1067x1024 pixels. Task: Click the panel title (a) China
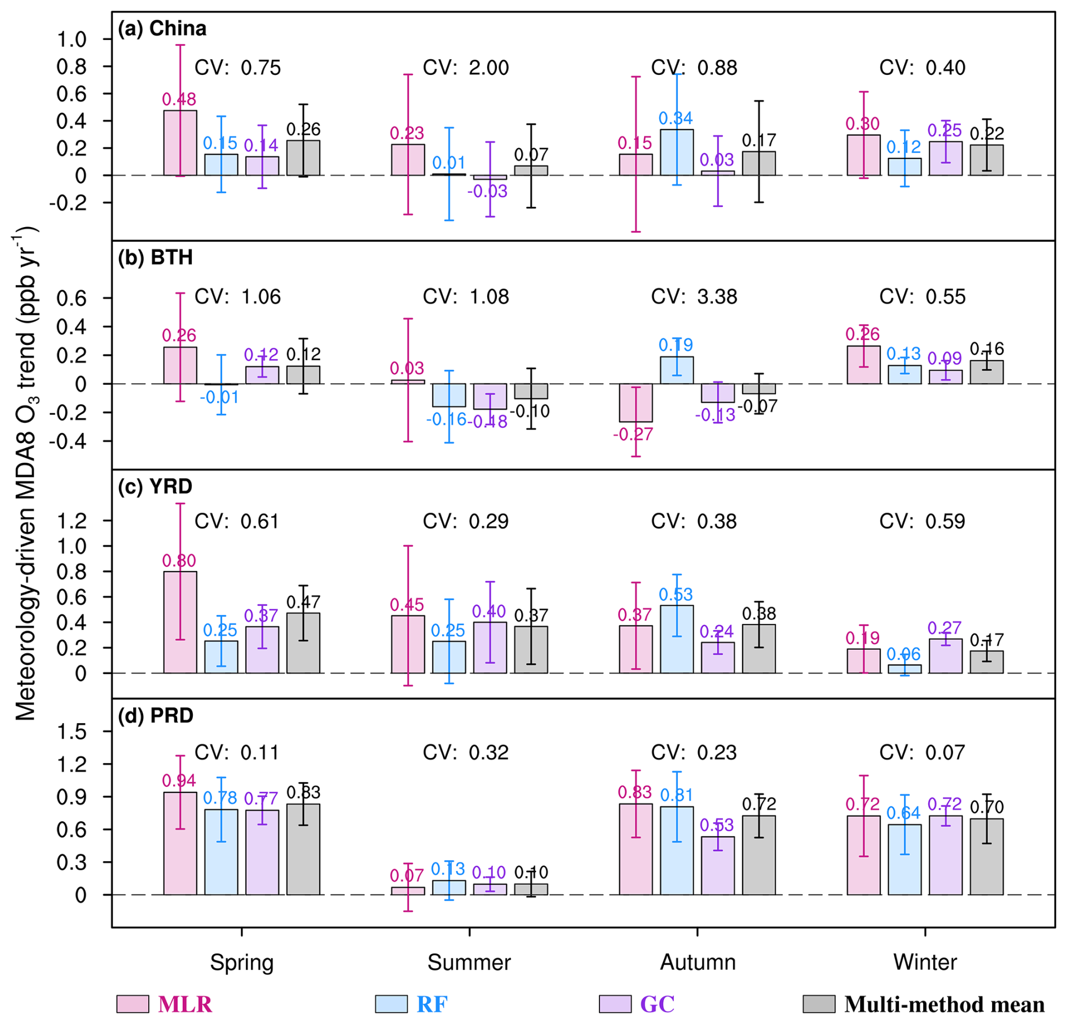click(162, 29)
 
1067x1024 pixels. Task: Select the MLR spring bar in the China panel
click(180, 143)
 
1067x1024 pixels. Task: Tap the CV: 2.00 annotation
click(466, 68)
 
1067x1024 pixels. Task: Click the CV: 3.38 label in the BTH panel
click(694, 296)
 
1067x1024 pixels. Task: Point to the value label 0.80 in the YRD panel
click(179, 561)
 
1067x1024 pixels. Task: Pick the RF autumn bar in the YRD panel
click(677, 639)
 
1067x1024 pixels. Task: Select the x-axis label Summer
click(469, 962)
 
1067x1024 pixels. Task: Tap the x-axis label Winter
click(925, 962)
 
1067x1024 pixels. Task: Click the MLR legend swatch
click(133, 1004)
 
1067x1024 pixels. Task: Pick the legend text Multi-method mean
click(944, 1004)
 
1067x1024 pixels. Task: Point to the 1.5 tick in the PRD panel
click(72, 732)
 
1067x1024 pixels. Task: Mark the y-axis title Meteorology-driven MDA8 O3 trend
click(25, 473)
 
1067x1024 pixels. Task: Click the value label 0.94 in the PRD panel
click(179, 781)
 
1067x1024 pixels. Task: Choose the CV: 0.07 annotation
click(922, 752)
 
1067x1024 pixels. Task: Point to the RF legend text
click(432, 1004)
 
